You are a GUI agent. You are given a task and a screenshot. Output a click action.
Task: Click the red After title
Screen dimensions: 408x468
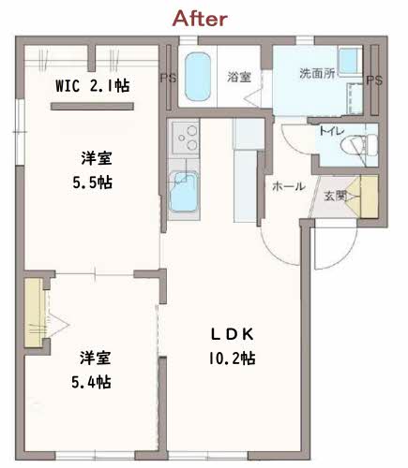coord(200,19)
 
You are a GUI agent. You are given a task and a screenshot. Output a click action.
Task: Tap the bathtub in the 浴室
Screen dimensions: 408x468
coord(197,77)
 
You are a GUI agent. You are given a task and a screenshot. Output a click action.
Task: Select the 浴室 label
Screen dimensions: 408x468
coord(239,77)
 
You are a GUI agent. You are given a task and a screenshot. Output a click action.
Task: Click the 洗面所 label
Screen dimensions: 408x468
coord(317,73)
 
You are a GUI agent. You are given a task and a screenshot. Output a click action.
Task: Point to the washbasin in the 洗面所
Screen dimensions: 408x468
coord(350,61)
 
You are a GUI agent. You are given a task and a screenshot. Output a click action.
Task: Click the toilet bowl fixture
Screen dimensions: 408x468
coord(359,145)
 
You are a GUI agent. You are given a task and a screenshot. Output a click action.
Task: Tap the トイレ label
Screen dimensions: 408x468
coord(331,131)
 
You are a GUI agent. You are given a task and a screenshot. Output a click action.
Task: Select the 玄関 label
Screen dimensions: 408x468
coord(335,197)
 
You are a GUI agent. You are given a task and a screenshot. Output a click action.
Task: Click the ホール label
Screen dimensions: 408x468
coord(289,186)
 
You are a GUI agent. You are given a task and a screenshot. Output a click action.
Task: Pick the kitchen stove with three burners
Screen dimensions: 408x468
coord(186,138)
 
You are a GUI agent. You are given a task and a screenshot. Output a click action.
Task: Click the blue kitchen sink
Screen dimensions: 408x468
coord(183,192)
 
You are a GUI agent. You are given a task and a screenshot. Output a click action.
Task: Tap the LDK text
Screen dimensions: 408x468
coord(232,334)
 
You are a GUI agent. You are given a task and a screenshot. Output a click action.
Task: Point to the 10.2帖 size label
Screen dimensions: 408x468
coord(232,358)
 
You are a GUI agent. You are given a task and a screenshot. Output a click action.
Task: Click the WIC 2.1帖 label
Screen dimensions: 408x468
coord(93,86)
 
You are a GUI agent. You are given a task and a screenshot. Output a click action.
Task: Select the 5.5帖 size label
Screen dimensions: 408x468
coord(93,183)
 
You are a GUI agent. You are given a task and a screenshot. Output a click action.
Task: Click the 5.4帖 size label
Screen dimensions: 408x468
coord(91,382)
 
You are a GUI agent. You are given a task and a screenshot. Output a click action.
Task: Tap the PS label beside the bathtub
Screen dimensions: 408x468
coord(168,78)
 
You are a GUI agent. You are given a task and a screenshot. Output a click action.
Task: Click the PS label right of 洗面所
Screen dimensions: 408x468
coord(374,80)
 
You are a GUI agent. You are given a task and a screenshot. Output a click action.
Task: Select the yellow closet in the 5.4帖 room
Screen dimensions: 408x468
coord(34,313)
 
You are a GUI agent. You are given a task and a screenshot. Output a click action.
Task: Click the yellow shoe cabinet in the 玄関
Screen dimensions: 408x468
coord(370,197)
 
